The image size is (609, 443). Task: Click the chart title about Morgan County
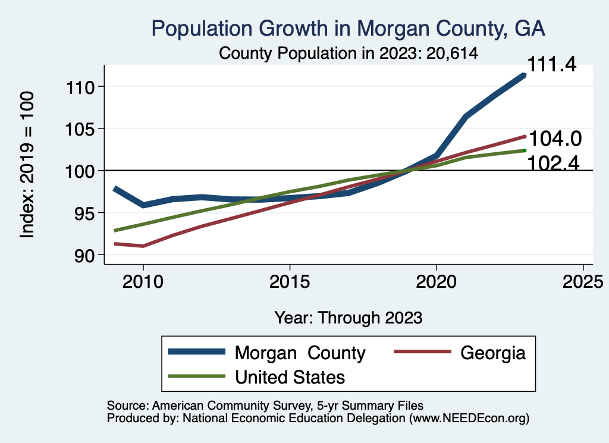coord(349,28)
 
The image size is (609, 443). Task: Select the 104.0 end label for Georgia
coord(555,139)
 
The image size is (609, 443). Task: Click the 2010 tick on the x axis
coord(143,281)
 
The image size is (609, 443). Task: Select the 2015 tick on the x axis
coord(290,281)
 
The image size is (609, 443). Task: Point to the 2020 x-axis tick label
coord(436,281)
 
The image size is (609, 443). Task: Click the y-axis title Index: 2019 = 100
coord(27,165)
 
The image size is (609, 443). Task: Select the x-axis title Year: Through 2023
coord(349,318)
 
